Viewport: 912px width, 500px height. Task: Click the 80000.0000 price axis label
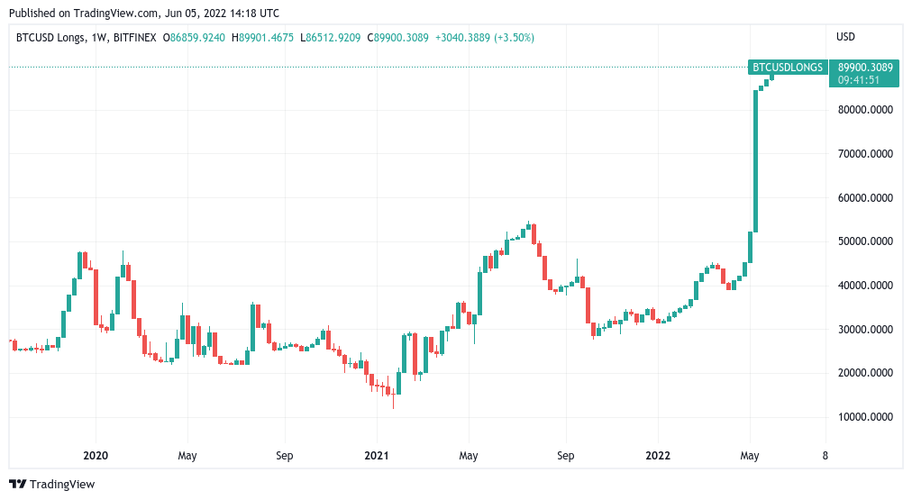[x=864, y=110]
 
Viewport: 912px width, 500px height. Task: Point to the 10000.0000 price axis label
[x=864, y=417]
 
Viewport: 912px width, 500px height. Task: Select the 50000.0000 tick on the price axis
[x=864, y=241]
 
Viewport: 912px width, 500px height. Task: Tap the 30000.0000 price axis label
[x=864, y=330]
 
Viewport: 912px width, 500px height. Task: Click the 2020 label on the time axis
[x=95, y=456]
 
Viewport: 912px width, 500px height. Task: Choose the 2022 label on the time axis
[x=657, y=456]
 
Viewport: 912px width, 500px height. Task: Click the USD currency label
[x=846, y=37]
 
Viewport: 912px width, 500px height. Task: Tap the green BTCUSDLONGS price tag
[x=788, y=67]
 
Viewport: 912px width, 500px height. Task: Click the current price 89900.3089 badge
[x=865, y=67]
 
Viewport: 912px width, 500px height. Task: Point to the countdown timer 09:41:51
[x=859, y=80]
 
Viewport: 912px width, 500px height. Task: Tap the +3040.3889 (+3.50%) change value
[x=485, y=37]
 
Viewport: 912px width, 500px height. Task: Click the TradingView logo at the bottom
[x=51, y=485]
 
